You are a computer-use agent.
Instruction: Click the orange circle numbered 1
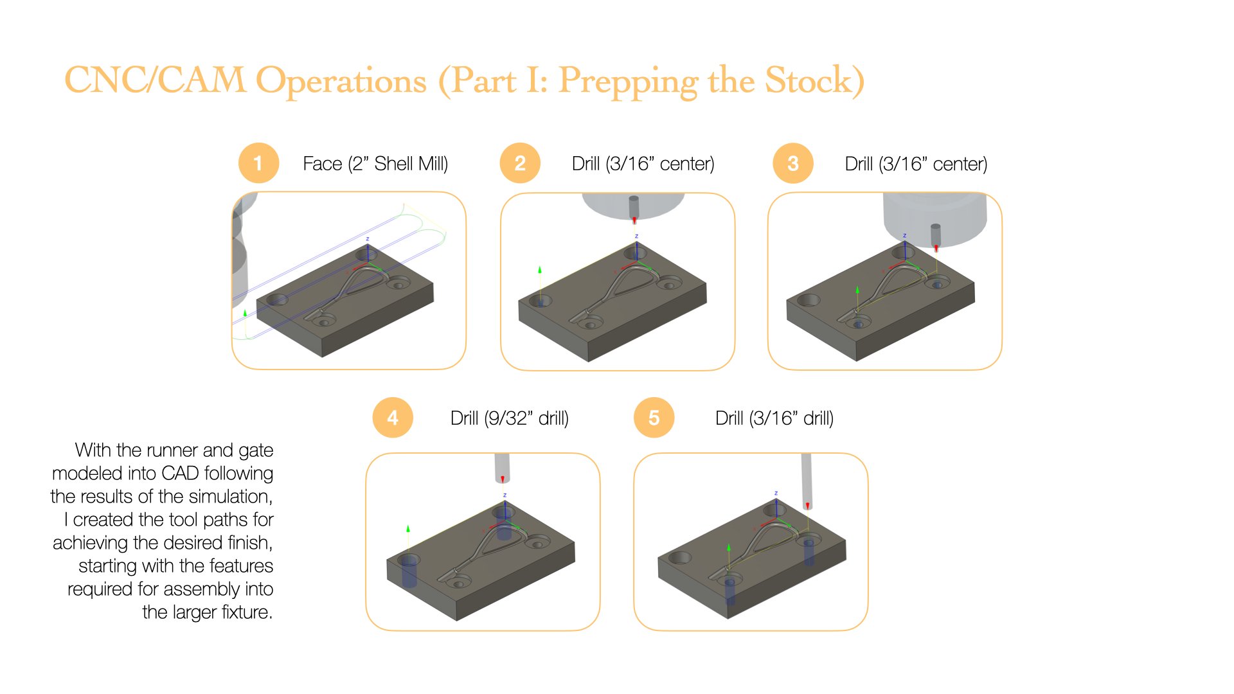tap(258, 163)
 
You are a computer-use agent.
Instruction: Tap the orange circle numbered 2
tap(520, 163)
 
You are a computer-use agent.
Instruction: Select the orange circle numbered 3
tap(793, 163)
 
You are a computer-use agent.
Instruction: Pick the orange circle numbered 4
tap(393, 418)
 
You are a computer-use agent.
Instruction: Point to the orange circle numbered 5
tap(654, 418)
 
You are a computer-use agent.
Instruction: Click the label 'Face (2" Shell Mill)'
tap(375, 164)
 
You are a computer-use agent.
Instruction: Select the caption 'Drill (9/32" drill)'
tap(510, 418)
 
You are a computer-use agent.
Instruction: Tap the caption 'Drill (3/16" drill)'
tap(774, 418)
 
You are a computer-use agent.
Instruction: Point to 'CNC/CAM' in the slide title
tap(155, 80)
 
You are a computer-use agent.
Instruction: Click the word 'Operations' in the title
tap(341, 82)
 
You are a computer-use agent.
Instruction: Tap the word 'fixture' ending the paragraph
tap(246, 612)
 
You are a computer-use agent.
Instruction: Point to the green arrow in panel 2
tap(540, 270)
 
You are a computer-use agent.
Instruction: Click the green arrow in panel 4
tap(408, 529)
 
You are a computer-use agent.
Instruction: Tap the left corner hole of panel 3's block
tap(809, 300)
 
